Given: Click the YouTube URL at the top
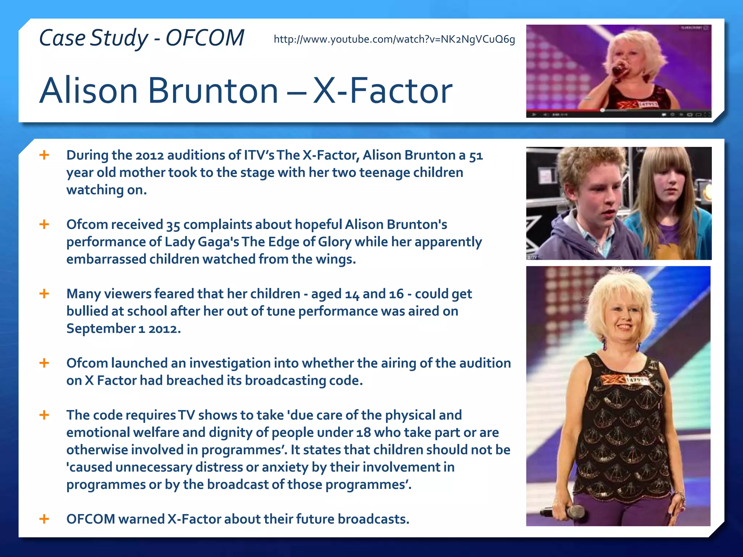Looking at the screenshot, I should tap(394, 39).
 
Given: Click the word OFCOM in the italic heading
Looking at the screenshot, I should tap(205, 38).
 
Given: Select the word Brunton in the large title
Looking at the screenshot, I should tap(213, 91).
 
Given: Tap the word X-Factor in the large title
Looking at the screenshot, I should tap(382, 91).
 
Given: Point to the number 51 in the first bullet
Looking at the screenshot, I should tap(476, 156).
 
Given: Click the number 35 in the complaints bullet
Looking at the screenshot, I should tap(173, 225).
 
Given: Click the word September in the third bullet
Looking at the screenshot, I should tap(101, 329).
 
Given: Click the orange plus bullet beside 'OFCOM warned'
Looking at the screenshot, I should tap(44, 519).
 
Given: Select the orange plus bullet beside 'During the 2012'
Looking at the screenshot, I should tap(44, 155).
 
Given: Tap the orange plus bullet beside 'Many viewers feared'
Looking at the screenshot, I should tap(44, 293).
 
